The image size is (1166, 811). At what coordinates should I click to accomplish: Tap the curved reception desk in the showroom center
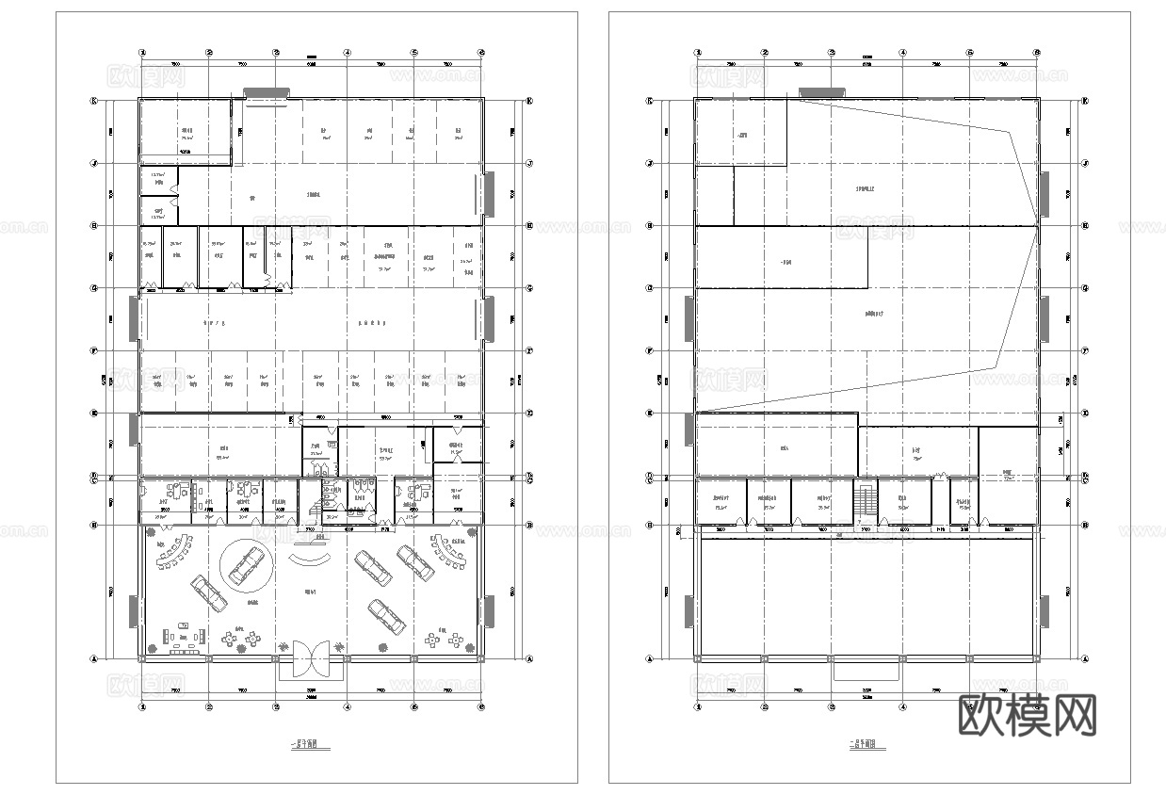click(310, 560)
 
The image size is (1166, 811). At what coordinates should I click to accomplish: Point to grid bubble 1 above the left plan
click(142, 53)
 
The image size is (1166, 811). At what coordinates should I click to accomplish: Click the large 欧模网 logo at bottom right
click(1028, 716)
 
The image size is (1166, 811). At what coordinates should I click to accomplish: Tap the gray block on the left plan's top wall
click(267, 93)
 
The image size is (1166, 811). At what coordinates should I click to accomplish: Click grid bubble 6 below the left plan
click(481, 706)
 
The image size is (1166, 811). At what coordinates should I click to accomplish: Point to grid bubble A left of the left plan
click(94, 659)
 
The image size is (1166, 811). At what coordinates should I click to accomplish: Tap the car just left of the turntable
click(208, 592)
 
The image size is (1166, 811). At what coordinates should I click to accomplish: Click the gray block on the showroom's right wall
click(488, 611)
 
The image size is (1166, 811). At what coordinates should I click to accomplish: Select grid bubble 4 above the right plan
click(902, 53)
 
